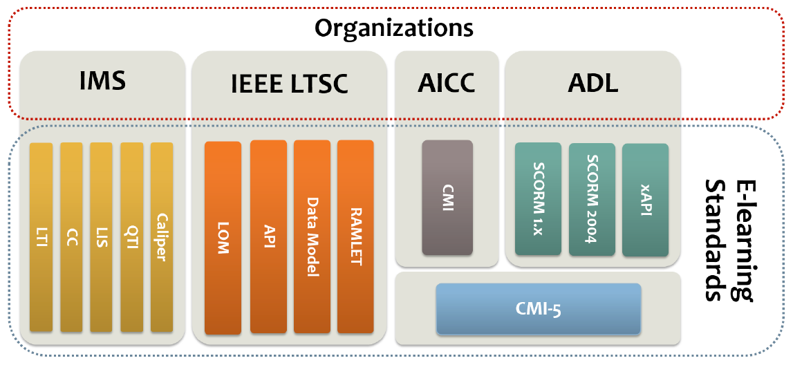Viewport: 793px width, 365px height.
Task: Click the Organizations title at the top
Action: coord(394,28)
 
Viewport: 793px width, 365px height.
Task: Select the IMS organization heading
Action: coord(102,82)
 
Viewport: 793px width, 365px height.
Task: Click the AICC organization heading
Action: coord(447,83)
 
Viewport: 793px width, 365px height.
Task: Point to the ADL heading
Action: coord(593,83)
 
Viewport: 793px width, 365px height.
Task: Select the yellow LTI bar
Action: coord(41,237)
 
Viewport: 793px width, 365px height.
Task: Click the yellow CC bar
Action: coord(71,237)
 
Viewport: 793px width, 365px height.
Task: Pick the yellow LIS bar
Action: coord(101,237)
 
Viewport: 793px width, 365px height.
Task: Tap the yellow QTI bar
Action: coord(131,237)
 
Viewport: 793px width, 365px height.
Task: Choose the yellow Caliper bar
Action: coord(162,237)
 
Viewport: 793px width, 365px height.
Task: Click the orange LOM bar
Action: coord(223,237)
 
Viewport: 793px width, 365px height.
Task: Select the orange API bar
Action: coord(268,236)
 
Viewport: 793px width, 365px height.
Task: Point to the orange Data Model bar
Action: coord(312,236)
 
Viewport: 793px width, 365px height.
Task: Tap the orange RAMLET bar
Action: coord(355,236)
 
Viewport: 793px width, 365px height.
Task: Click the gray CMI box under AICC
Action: coord(447,198)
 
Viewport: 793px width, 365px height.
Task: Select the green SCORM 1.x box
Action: coord(539,200)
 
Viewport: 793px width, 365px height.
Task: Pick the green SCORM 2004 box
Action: coord(592,200)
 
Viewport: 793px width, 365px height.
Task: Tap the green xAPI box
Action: coord(645,200)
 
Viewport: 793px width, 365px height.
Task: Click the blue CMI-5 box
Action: coord(539,309)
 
